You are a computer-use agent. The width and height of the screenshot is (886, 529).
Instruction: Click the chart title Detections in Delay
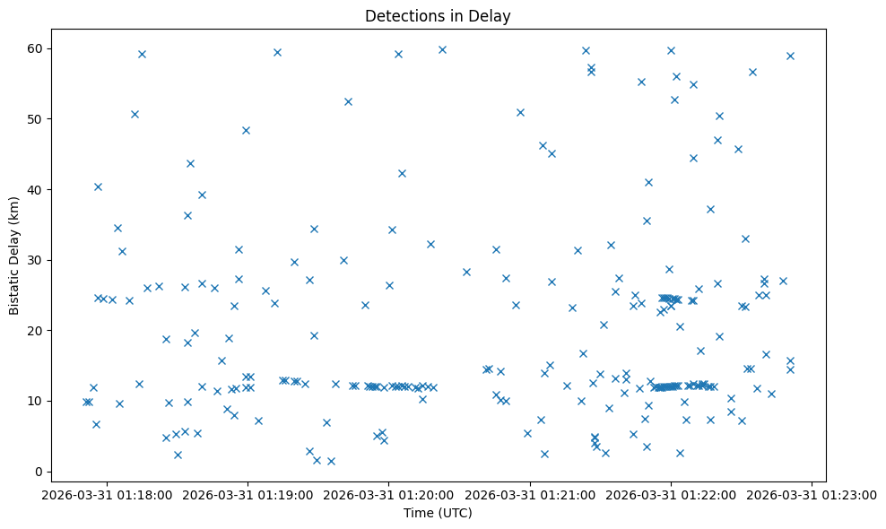click(438, 16)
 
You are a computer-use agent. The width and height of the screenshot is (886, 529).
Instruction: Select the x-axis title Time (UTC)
click(438, 513)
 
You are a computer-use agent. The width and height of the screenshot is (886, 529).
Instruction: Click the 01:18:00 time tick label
click(108, 494)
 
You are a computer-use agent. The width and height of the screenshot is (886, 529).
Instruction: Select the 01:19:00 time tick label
click(248, 494)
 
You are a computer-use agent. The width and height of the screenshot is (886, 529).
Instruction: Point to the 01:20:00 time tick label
click(389, 494)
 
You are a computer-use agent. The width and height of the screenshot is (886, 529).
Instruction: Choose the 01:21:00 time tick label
click(530, 494)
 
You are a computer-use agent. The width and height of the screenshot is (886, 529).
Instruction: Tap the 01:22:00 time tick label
click(671, 494)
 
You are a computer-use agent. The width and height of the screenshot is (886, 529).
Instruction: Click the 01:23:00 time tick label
click(812, 494)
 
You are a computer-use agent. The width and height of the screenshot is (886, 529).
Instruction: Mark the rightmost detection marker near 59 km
click(790, 56)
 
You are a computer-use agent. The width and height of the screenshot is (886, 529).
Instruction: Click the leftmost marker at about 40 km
click(98, 186)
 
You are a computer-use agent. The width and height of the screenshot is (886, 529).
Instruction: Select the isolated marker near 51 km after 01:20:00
click(520, 112)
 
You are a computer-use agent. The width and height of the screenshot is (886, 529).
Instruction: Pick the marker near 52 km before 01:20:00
click(348, 101)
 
